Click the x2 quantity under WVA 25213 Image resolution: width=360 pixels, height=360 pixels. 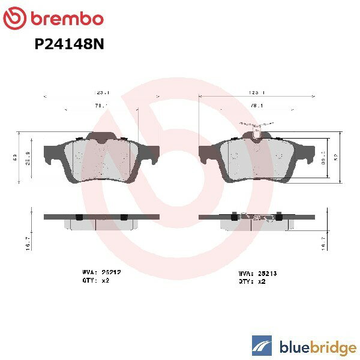click(x=262, y=281)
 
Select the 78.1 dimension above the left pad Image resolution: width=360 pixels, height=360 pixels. click(x=102, y=107)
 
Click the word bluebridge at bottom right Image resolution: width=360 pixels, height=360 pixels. click(x=317, y=346)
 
